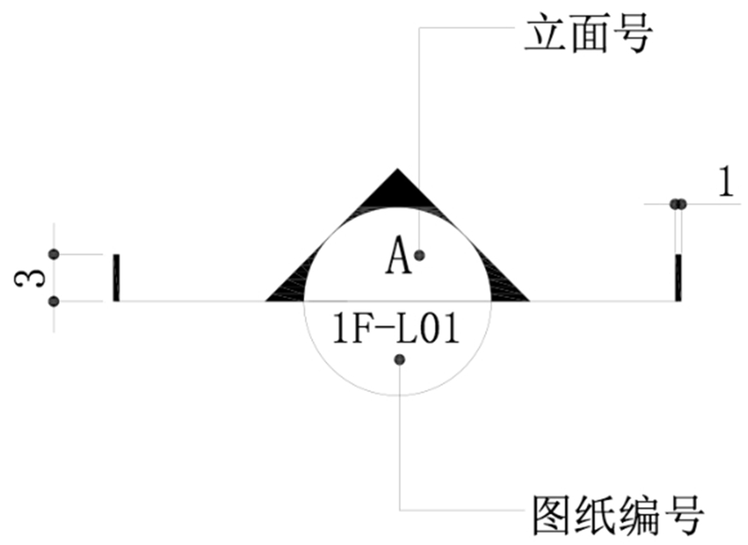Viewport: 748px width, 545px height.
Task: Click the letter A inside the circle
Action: pyautogui.click(x=399, y=257)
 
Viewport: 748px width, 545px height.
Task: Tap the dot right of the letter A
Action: pyautogui.click(x=420, y=255)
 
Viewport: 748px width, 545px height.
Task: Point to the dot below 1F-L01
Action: pyautogui.click(x=400, y=359)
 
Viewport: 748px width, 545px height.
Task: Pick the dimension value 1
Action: pyautogui.click(x=727, y=184)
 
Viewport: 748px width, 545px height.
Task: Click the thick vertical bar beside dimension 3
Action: pyautogui.click(x=116, y=278)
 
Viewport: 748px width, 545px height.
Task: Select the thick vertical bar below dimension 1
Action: pyautogui.click(x=678, y=278)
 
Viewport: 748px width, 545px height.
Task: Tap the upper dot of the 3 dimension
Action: pyautogui.click(x=54, y=254)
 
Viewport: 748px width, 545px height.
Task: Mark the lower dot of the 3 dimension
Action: pyautogui.click(x=54, y=301)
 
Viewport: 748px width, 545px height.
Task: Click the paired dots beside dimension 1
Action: pyautogui.click(x=678, y=203)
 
